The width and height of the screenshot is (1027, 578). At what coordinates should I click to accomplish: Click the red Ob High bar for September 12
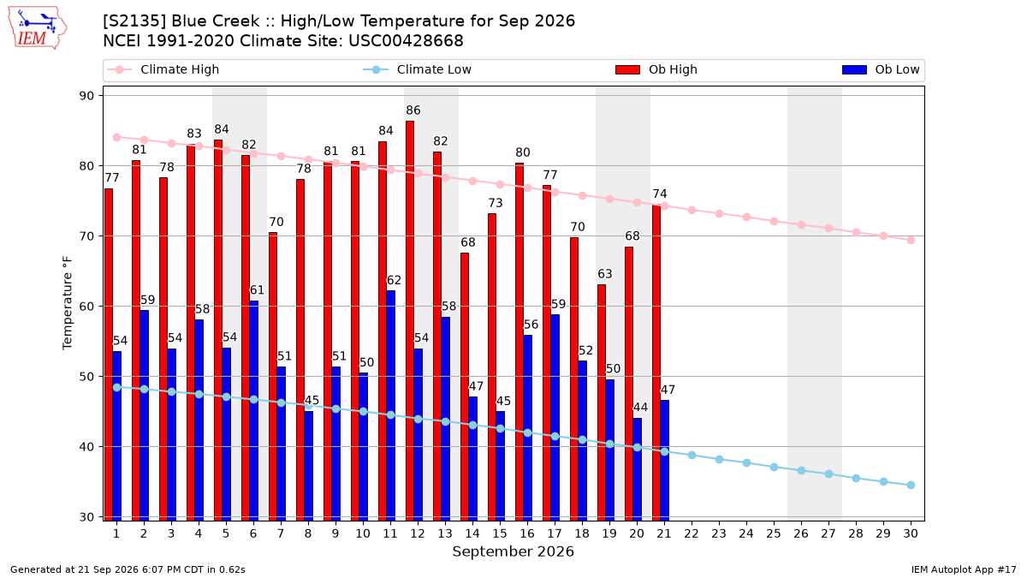pyautogui.click(x=410, y=320)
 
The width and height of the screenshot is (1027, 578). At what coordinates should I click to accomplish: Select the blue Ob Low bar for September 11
pyautogui.click(x=390, y=406)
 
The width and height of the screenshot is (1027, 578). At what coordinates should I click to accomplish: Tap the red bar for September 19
pyautogui.click(x=602, y=402)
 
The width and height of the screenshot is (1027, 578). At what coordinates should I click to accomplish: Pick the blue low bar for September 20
pyautogui.click(x=638, y=469)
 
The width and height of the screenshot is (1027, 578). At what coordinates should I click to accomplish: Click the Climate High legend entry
pyautogui.click(x=163, y=69)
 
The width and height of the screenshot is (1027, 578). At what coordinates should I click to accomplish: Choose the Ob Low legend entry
pyautogui.click(x=881, y=69)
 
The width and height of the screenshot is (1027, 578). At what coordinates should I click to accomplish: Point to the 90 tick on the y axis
pyautogui.click(x=87, y=96)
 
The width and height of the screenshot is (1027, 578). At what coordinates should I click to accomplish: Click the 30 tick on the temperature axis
pyautogui.click(x=87, y=517)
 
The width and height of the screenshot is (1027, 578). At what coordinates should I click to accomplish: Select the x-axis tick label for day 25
pyautogui.click(x=774, y=533)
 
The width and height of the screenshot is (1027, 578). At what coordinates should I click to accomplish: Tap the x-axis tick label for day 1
pyautogui.click(x=116, y=533)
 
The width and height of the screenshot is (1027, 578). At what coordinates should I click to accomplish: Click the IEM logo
pyautogui.click(x=38, y=28)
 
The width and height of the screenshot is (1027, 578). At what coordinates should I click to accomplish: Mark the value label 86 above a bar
pyautogui.click(x=413, y=110)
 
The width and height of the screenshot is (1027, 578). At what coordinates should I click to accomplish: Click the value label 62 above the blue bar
pyautogui.click(x=394, y=280)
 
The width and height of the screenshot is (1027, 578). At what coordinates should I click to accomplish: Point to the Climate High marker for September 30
pyautogui.click(x=911, y=240)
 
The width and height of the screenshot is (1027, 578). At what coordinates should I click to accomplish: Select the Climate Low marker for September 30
pyautogui.click(x=911, y=485)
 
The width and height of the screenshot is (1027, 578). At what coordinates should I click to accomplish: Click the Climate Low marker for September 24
pyautogui.click(x=747, y=463)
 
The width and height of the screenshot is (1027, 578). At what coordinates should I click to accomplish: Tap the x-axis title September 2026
pyautogui.click(x=513, y=551)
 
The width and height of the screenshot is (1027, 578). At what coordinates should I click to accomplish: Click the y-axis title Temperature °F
pyautogui.click(x=68, y=303)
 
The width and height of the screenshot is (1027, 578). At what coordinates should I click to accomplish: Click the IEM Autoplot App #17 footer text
pyautogui.click(x=964, y=569)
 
